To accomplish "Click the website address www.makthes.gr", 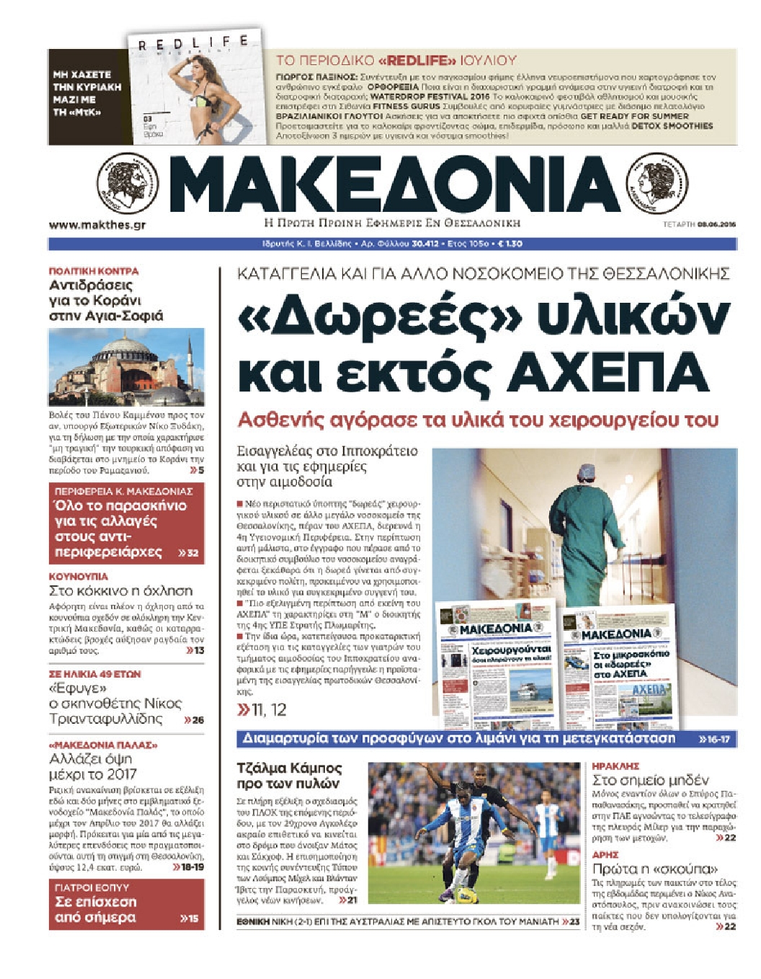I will click(97, 225).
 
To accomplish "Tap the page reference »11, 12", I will click(262, 710).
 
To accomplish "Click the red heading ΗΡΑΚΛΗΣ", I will click(615, 766).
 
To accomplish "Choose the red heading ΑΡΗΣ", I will click(605, 854).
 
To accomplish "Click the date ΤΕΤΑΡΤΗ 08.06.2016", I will click(699, 225).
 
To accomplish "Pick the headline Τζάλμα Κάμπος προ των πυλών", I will click(289, 776).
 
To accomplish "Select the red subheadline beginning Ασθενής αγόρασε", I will click(478, 420).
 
